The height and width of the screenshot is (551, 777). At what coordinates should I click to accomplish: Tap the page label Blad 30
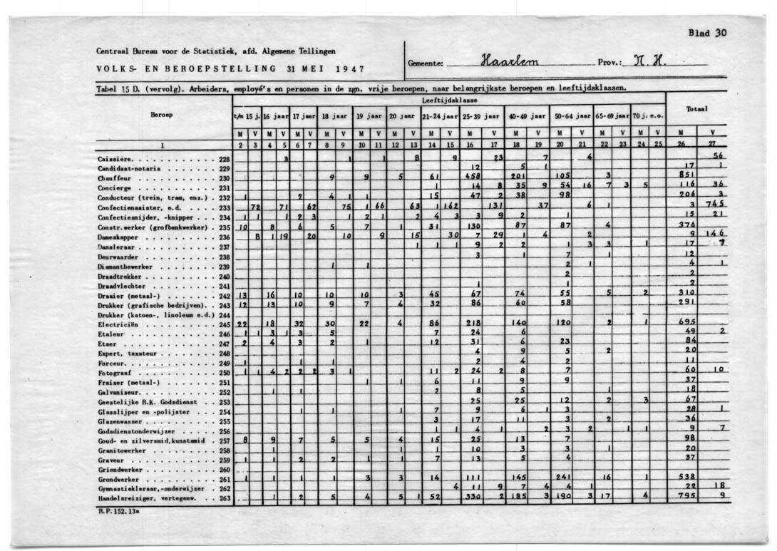707,33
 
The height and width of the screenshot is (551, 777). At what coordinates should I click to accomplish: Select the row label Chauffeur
112,178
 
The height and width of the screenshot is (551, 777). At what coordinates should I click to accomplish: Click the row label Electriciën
118,324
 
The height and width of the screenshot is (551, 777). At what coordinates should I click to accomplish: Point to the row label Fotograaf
114,373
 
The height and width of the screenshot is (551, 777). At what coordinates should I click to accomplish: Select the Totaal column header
696,109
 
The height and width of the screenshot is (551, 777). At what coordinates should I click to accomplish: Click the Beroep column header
161,113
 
